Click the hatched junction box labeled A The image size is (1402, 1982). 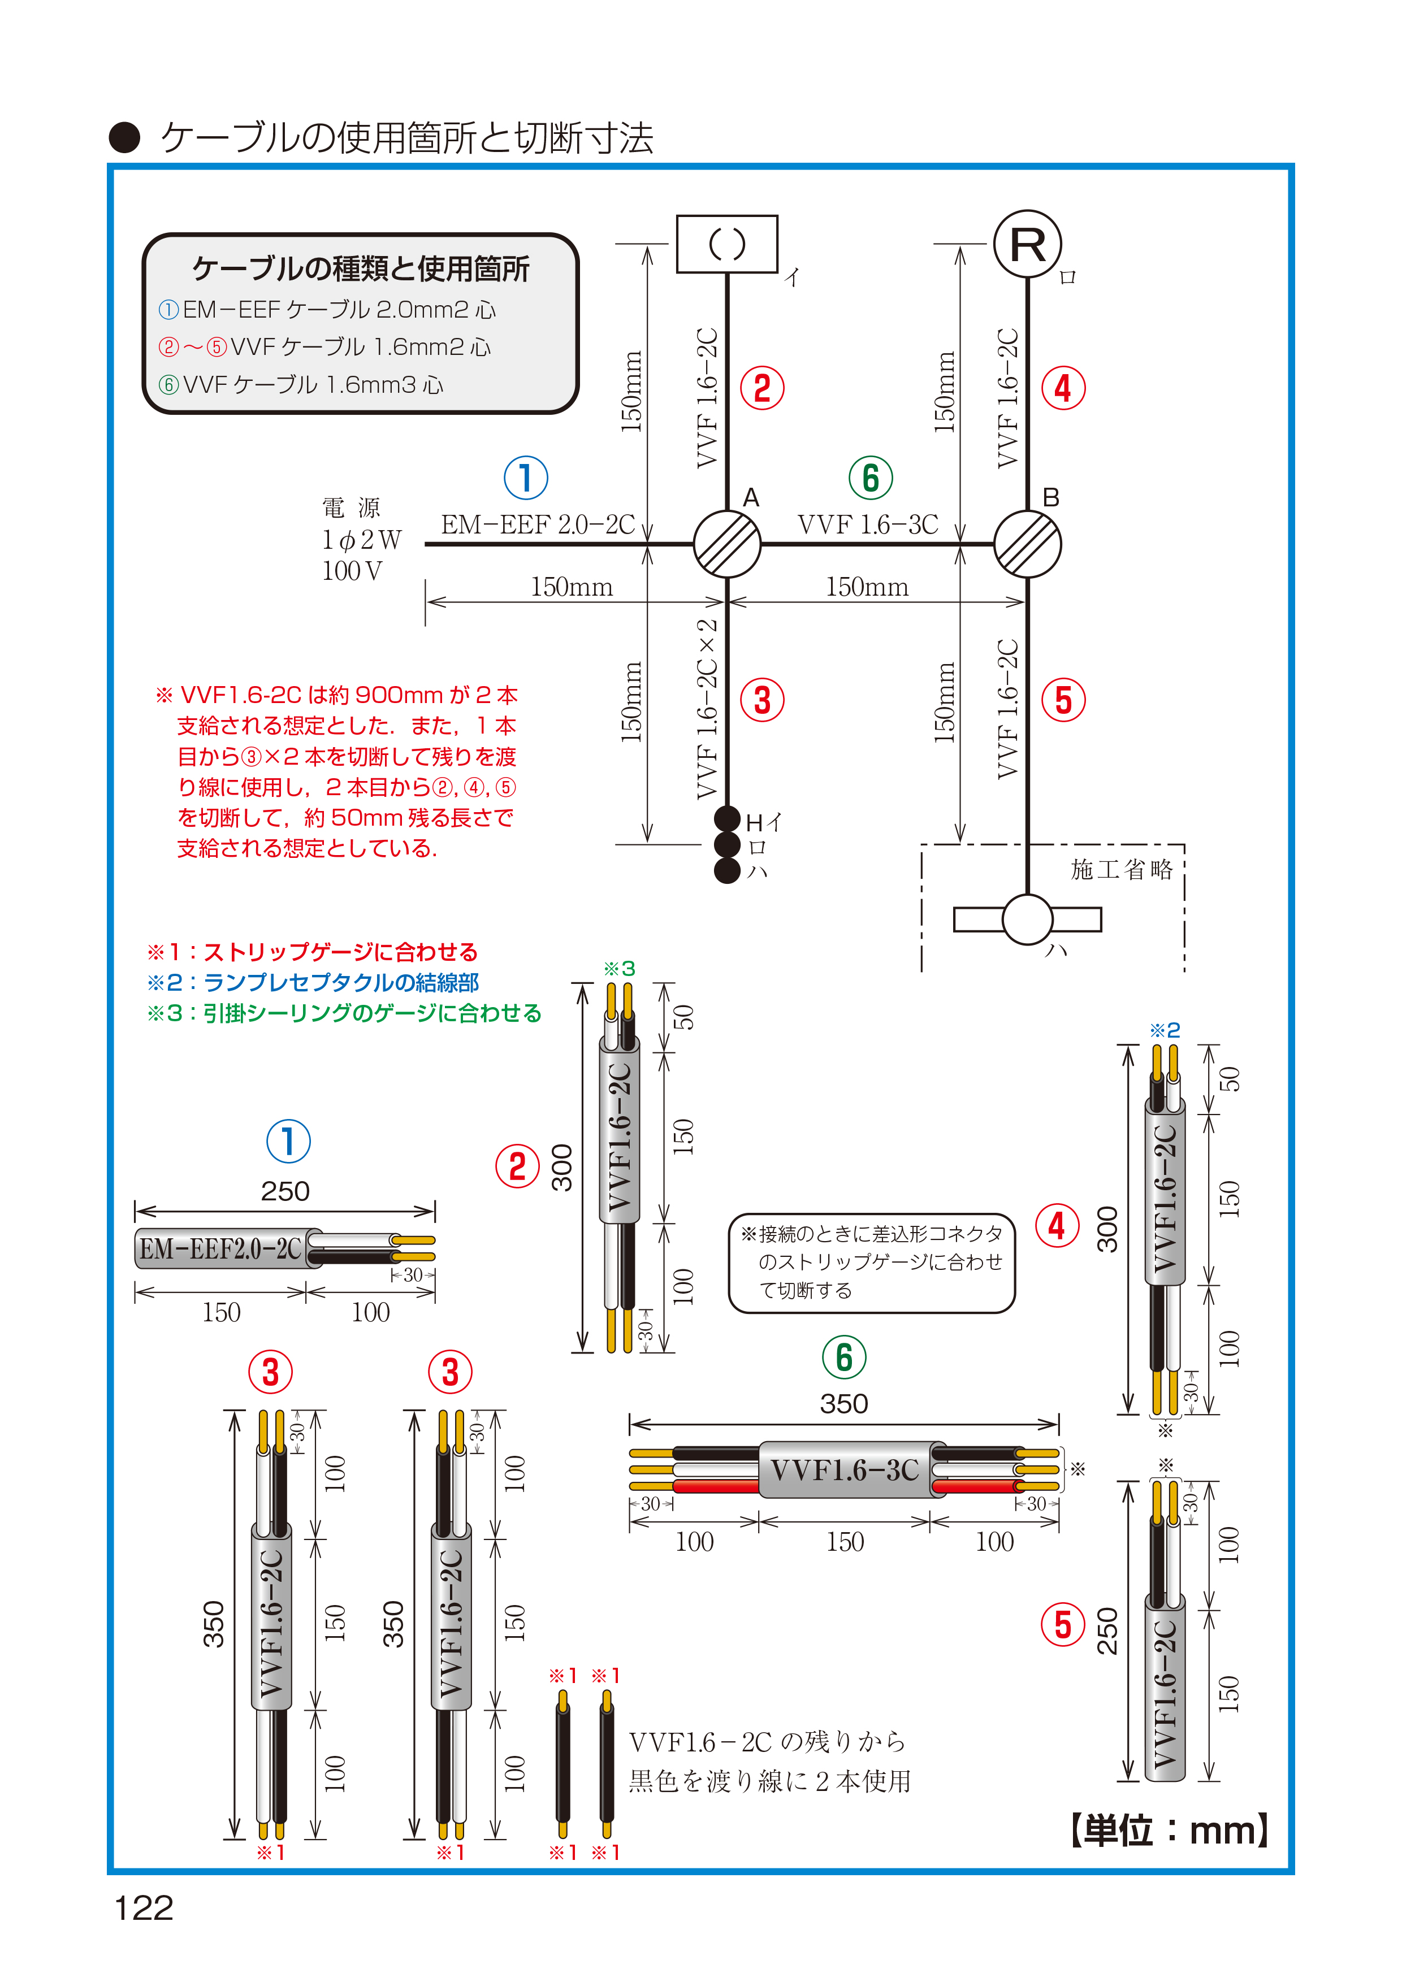click(727, 544)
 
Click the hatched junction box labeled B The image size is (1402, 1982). click(1027, 544)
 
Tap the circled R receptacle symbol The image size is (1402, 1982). click(1027, 244)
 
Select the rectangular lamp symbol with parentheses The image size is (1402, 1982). click(727, 244)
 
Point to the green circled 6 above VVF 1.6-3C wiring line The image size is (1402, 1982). click(870, 478)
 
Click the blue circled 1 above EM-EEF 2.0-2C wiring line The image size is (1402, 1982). click(526, 478)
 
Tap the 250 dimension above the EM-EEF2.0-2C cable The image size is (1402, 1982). click(285, 1191)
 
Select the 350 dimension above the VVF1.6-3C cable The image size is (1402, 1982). click(843, 1404)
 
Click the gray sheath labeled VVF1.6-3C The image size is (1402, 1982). click(844, 1469)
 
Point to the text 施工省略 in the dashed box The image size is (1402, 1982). click(1122, 869)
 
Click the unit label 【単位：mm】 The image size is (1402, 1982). click(1169, 1830)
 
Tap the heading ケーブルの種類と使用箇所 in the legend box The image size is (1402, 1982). click(360, 270)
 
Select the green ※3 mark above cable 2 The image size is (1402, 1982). click(619, 969)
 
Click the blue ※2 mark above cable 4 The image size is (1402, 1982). click(1164, 1030)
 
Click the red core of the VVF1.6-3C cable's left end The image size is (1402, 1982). click(715, 1486)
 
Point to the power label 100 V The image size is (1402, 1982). click(352, 571)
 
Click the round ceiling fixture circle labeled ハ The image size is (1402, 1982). click(1027, 920)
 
